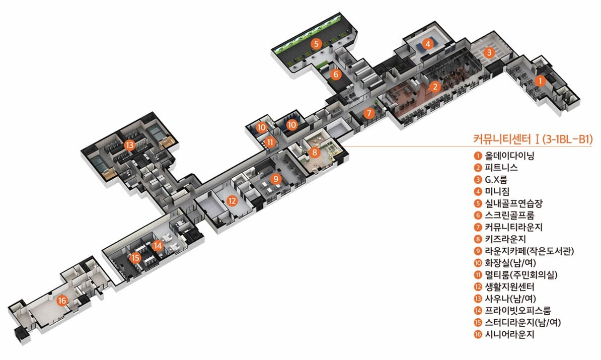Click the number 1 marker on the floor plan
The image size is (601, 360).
(x=540, y=80)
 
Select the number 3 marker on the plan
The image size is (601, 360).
(x=488, y=52)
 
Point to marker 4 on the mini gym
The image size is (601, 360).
(x=427, y=44)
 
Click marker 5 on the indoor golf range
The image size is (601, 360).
(x=316, y=43)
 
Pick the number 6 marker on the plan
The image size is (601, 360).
(x=336, y=75)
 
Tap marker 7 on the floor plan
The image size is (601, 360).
(x=369, y=113)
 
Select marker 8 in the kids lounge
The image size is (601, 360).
(x=315, y=152)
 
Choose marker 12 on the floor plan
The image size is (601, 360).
(x=232, y=200)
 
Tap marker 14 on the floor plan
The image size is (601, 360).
(x=158, y=246)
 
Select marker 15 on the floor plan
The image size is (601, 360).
(x=135, y=258)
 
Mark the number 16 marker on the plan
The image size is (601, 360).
(x=62, y=301)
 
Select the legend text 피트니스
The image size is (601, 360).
(x=501, y=167)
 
